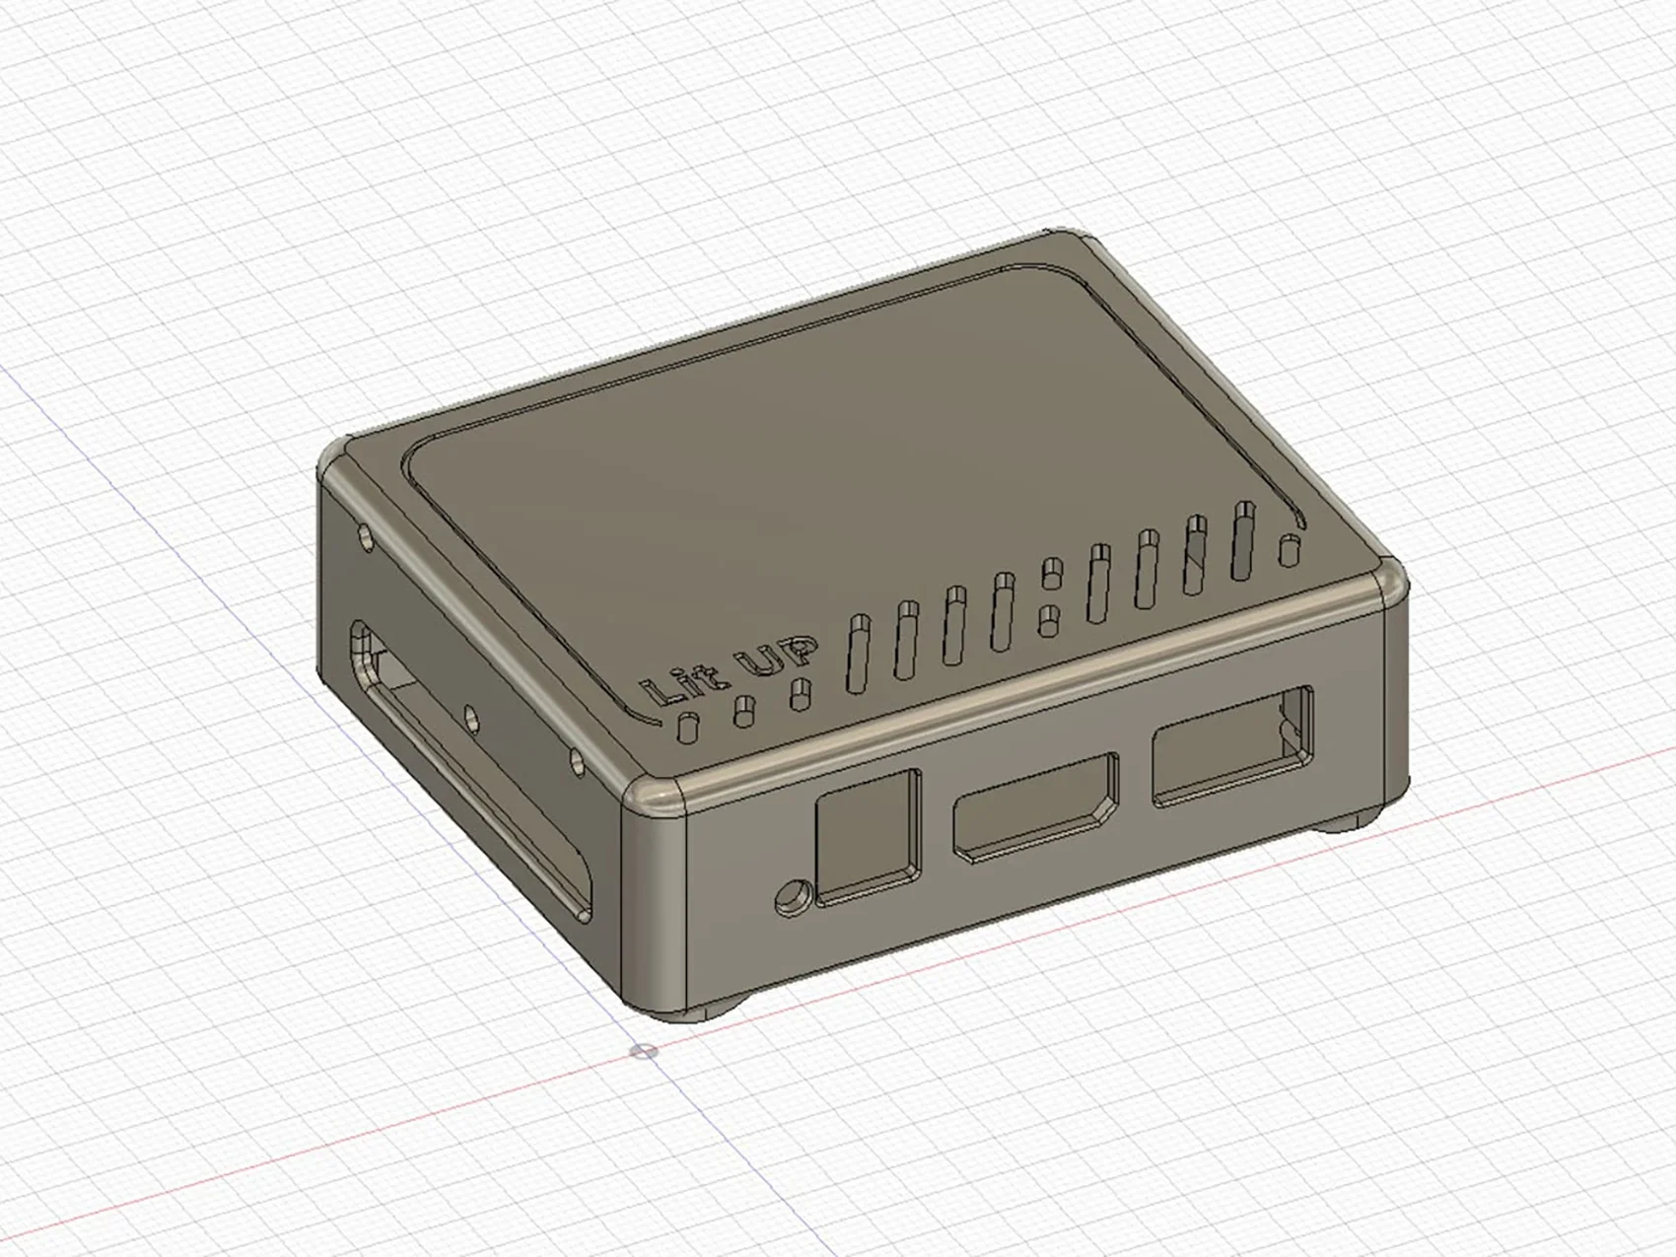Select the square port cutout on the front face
(x=867, y=835)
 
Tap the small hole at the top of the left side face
(x=368, y=539)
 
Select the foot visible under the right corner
(x=1351, y=821)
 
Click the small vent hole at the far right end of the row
(x=1288, y=550)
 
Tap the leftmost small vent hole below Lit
(x=687, y=726)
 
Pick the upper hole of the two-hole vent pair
(x=1052, y=571)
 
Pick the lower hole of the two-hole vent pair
(x=1050, y=620)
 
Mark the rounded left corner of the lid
(x=338, y=460)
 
